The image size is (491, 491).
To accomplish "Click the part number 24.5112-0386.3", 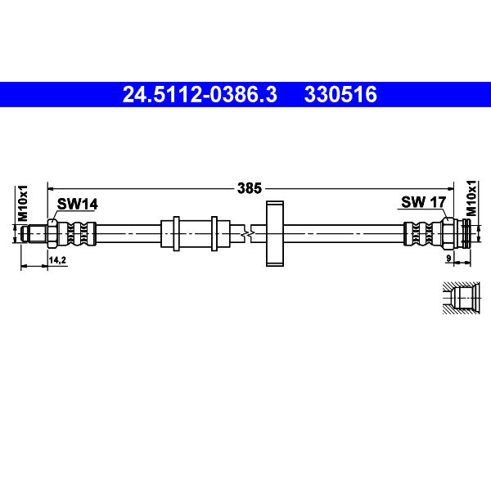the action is [x=200, y=95].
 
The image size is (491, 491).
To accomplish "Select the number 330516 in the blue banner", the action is [x=340, y=95].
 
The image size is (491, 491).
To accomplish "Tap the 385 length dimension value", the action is [x=250, y=188].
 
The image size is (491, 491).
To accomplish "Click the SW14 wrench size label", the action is [x=78, y=204].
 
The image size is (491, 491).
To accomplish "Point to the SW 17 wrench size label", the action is [x=423, y=202].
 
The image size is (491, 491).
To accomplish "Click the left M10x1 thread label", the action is [x=23, y=203].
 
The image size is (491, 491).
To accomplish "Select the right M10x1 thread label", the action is [x=471, y=198].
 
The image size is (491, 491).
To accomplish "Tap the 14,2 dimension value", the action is [x=57, y=260].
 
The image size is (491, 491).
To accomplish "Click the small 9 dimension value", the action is [x=448, y=259].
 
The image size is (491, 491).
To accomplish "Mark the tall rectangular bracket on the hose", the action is [x=275, y=233].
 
